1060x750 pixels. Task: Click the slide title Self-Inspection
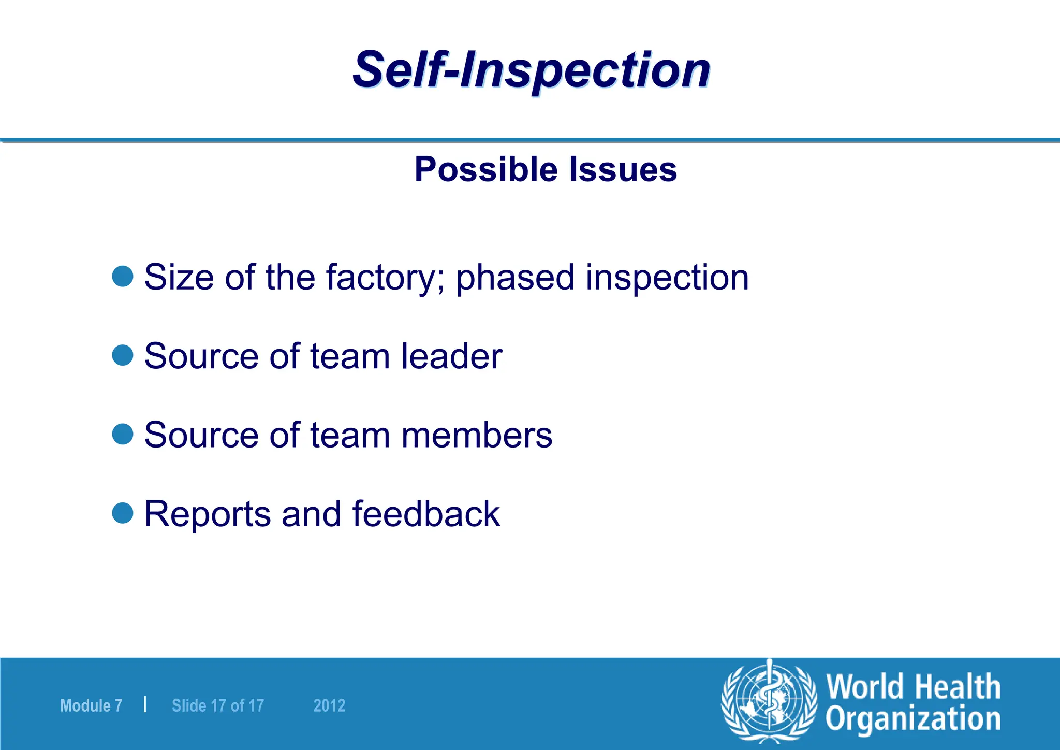531,70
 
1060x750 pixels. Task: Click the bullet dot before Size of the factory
123,276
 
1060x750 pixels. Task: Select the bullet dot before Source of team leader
123,355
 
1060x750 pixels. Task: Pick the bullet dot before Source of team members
123,434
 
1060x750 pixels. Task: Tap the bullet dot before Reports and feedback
123,513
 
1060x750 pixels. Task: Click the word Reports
208,514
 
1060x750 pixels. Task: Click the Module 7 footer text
91,705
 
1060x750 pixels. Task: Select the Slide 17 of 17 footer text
217,705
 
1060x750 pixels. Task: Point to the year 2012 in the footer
329,705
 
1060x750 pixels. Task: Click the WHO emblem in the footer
770,701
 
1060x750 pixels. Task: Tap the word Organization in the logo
912,719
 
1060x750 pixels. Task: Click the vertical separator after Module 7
145,704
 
